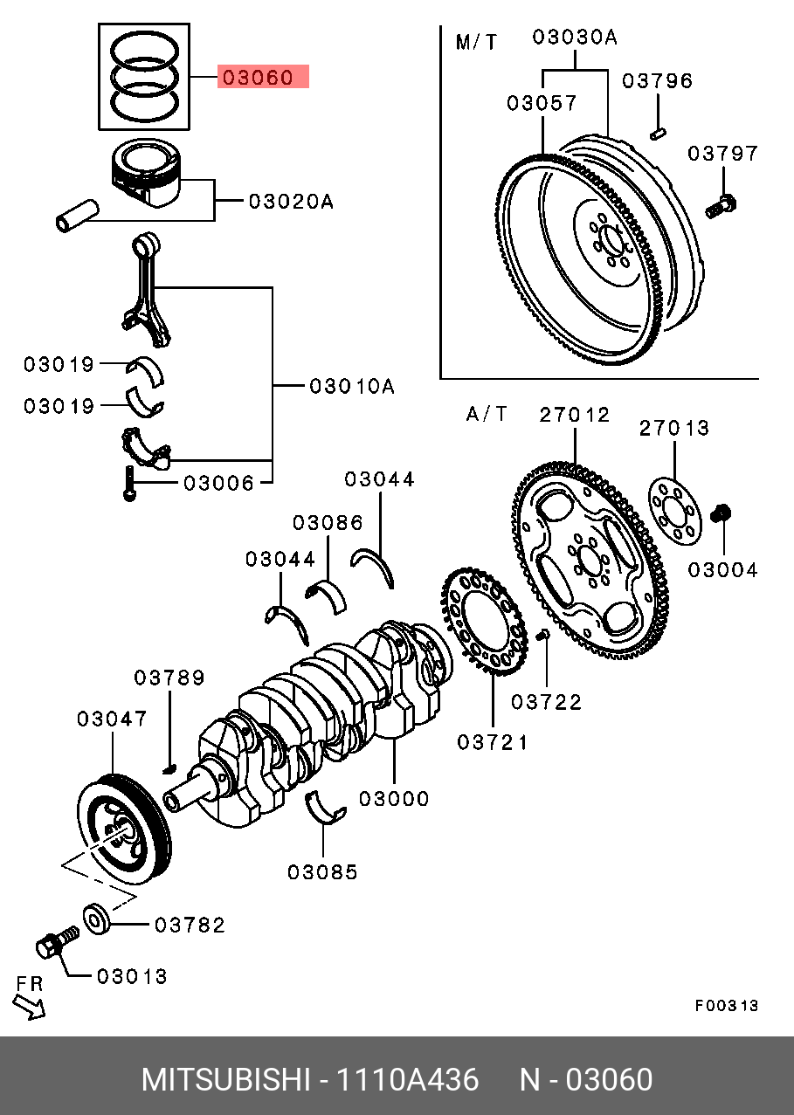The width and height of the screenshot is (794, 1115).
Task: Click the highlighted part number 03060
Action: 263,78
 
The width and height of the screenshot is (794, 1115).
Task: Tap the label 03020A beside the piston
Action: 291,202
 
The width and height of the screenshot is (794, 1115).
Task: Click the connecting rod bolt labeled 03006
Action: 129,484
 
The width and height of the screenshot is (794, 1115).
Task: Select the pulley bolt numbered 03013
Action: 55,944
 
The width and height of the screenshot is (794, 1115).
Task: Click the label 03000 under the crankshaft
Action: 394,798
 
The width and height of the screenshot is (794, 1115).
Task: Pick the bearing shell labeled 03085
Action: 327,808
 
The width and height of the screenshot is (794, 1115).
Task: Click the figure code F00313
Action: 727,1006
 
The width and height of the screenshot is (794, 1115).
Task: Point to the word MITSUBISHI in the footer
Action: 225,1080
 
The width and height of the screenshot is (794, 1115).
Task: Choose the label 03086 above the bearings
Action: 328,523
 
